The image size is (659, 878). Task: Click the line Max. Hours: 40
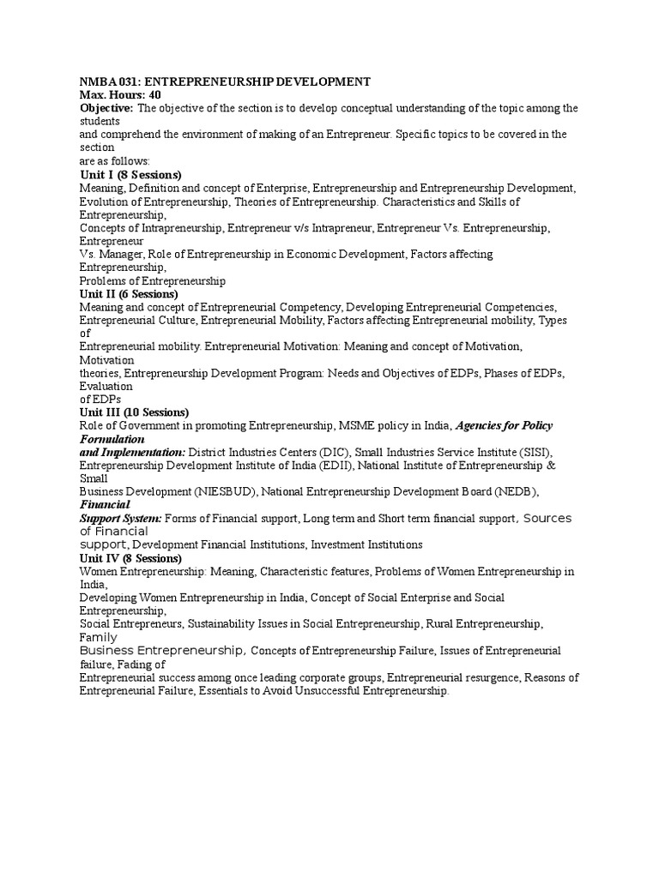tap(120, 94)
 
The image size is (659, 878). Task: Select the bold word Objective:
tap(106, 108)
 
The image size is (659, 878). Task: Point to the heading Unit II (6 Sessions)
tap(129, 294)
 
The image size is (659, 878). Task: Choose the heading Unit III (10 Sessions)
tap(134, 412)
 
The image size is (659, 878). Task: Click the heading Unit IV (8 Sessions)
tap(130, 558)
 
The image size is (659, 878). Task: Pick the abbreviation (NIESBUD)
tap(224, 491)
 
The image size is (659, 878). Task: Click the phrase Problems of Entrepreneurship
tap(153, 280)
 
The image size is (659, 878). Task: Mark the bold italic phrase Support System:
tap(120, 518)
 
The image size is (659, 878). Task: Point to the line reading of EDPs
tap(100, 400)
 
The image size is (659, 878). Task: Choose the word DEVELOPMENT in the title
tap(322, 81)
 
